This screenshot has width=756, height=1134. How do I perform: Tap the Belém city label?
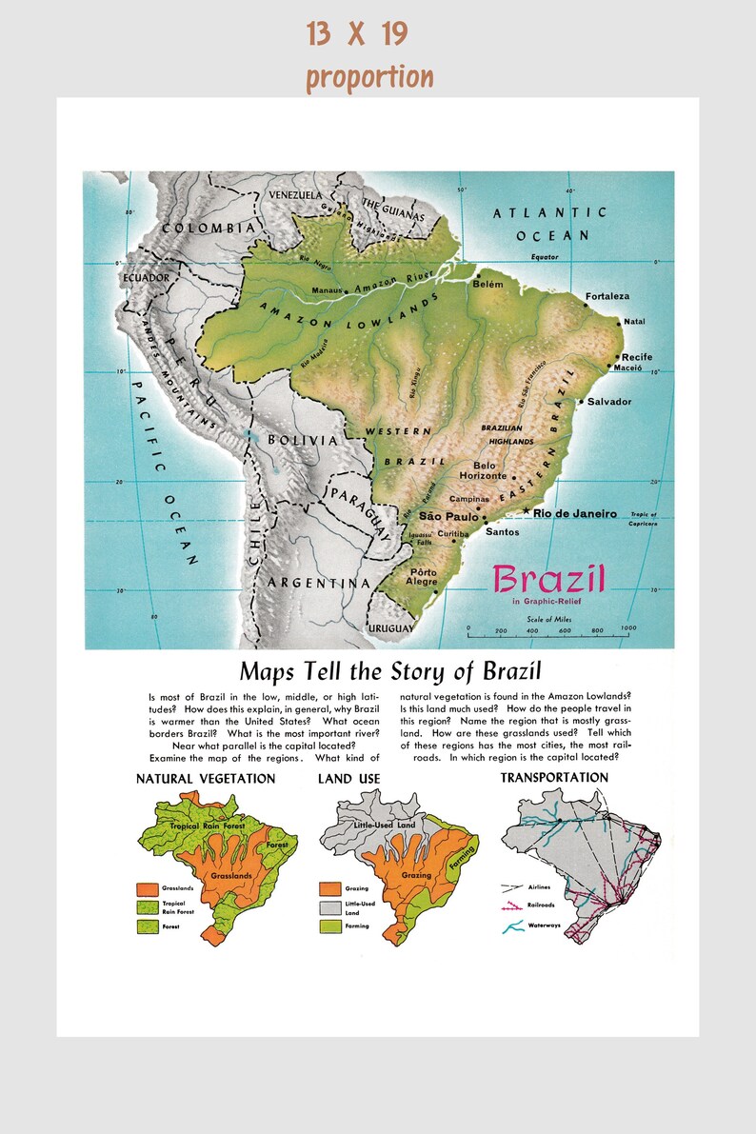click(x=486, y=284)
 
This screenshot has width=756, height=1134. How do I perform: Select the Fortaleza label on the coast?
click(x=609, y=294)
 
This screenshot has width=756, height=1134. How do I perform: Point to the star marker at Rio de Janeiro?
click(x=527, y=512)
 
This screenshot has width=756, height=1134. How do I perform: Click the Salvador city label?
click(x=608, y=401)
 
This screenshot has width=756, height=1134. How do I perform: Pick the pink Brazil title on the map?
click(x=549, y=577)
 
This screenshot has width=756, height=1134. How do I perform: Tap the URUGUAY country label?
click(x=390, y=628)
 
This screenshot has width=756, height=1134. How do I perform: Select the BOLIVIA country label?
click(x=302, y=441)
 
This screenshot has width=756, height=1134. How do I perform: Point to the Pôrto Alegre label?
click(x=421, y=576)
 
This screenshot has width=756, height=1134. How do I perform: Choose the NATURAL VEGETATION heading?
click(x=206, y=779)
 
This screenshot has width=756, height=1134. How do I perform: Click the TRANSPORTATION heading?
click(x=554, y=778)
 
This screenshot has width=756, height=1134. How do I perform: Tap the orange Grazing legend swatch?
click(x=329, y=888)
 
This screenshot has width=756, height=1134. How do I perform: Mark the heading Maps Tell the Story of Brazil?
click(x=390, y=670)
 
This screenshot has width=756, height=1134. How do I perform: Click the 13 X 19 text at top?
click(x=357, y=34)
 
